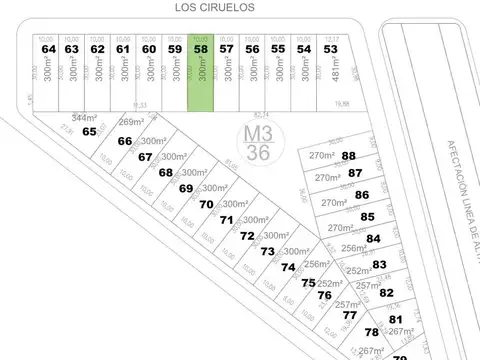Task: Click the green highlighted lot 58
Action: [x=201, y=70]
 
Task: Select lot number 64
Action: [x=49, y=48]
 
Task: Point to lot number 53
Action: [x=330, y=48]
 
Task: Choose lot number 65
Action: [x=90, y=131]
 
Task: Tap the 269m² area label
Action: [x=132, y=123]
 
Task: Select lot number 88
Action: [x=349, y=155]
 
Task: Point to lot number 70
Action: [x=206, y=204]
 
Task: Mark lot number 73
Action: [x=267, y=251]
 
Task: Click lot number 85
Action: [x=368, y=216]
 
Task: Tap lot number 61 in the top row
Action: [x=123, y=48]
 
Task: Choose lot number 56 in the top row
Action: [x=252, y=48]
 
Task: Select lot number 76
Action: [x=324, y=295]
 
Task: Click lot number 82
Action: [x=386, y=292]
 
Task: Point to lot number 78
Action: [x=372, y=332]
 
